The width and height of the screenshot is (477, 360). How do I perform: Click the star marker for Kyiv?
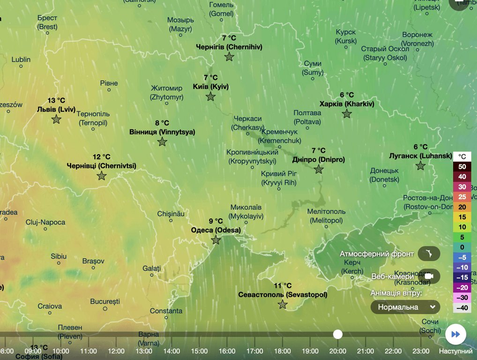click(x=211, y=97)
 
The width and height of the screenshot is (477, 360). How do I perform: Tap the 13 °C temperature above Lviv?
click(x=56, y=101)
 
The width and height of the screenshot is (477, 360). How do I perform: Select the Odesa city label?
click(x=216, y=230)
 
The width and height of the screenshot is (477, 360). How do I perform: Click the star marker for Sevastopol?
click(x=283, y=305)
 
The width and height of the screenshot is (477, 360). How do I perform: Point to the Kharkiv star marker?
click(x=347, y=113)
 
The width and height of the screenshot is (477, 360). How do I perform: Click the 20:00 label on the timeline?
click(x=338, y=351)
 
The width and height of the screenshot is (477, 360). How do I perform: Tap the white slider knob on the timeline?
click(x=338, y=334)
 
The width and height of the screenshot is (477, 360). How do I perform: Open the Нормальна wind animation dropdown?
click(x=405, y=307)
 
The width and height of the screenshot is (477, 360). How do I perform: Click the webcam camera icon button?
click(x=429, y=276)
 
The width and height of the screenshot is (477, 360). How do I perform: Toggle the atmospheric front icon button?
click(x=429, y=254)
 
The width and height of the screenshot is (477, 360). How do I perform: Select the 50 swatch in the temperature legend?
click(x=462, y=166)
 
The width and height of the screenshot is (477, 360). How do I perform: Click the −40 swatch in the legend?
click(x=462, y=308)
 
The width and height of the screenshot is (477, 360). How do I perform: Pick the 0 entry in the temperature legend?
click(x=462, y=247)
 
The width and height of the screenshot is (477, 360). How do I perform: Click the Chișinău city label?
click(x=171, y=214)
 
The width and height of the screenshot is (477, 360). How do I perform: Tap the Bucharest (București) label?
click(x=105, y=301)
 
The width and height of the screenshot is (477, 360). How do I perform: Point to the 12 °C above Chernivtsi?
click(x=101, y=157)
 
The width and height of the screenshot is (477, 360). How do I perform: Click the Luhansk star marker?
click(x=421, y=165)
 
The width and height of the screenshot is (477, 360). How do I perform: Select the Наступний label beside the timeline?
click(x=455, y=351)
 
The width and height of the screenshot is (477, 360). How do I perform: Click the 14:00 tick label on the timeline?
click(x=171, y=351)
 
